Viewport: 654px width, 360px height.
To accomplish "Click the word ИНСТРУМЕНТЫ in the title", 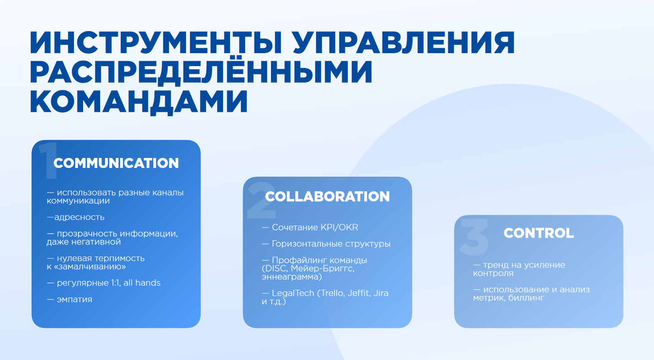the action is click(156, 43).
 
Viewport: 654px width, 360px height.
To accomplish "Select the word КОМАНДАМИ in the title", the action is click(139, 101).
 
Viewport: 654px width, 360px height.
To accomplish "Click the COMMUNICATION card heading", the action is click(116, 163).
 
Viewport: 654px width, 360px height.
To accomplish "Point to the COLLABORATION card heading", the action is click(327, 196).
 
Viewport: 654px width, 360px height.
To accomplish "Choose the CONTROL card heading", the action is click(538, 233).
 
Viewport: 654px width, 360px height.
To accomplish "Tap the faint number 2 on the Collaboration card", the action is click(261, 200).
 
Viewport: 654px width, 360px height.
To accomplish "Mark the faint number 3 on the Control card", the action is click(474, 237).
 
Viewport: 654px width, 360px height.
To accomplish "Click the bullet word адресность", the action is click(79, 217).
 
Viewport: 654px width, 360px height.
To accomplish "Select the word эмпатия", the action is click(74, 299).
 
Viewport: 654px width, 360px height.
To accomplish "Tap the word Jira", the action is click(381, 293).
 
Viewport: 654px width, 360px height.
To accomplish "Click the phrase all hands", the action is click(142, 283).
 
